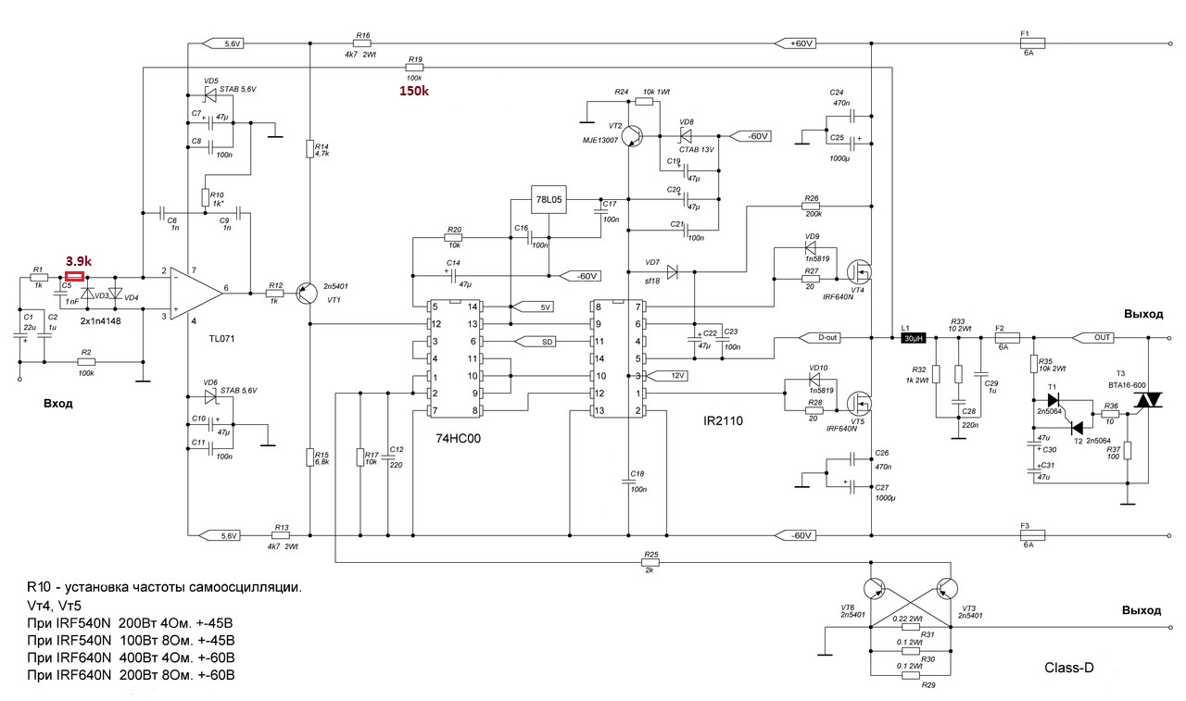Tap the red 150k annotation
pos(414,92)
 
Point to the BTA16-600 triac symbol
pos(1149,399)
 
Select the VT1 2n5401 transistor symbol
pos(308,293)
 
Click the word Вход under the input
pos(58,404)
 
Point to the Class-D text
pos(1069,667)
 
